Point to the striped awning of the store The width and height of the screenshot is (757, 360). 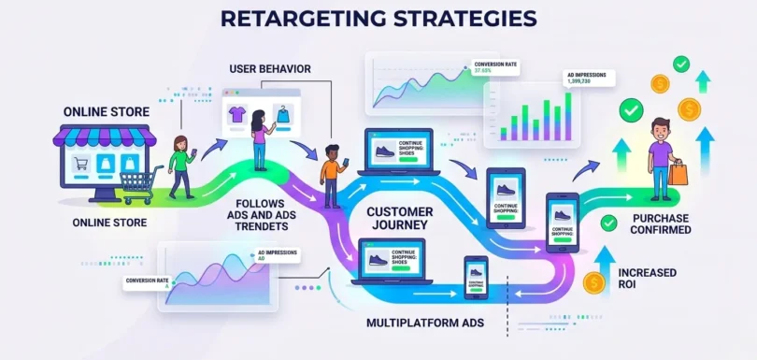[97, 138]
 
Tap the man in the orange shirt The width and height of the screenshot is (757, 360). [332, 175]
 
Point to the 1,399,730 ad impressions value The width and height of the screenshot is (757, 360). [586, 82]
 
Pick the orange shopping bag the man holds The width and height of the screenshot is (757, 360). [678, 172]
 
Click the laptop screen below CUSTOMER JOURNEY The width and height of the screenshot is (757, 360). [391, 259]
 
